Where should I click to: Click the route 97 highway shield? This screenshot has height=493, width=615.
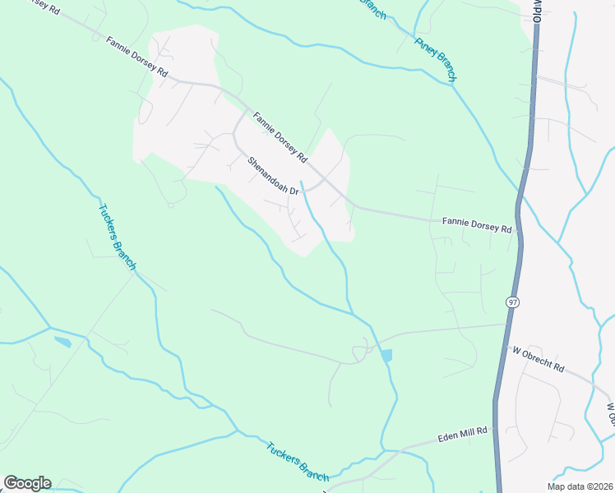(512, 302)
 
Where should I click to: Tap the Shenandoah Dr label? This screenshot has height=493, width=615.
(274, 173)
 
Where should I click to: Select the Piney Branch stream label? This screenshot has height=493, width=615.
(435, 59)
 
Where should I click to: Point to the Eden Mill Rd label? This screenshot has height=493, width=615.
(462, 431)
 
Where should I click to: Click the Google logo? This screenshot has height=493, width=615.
(27, 483)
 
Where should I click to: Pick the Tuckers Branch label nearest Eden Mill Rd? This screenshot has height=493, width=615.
(297, 462)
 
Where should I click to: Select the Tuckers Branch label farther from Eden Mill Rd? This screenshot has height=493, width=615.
(117, 236)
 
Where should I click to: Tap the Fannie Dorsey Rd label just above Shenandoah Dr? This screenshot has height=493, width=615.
(280, 136)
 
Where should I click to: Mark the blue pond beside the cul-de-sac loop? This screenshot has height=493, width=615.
(386, 355)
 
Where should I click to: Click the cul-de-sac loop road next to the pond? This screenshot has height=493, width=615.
(360, 352)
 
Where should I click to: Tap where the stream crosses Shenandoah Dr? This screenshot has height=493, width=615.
(306, 190)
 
